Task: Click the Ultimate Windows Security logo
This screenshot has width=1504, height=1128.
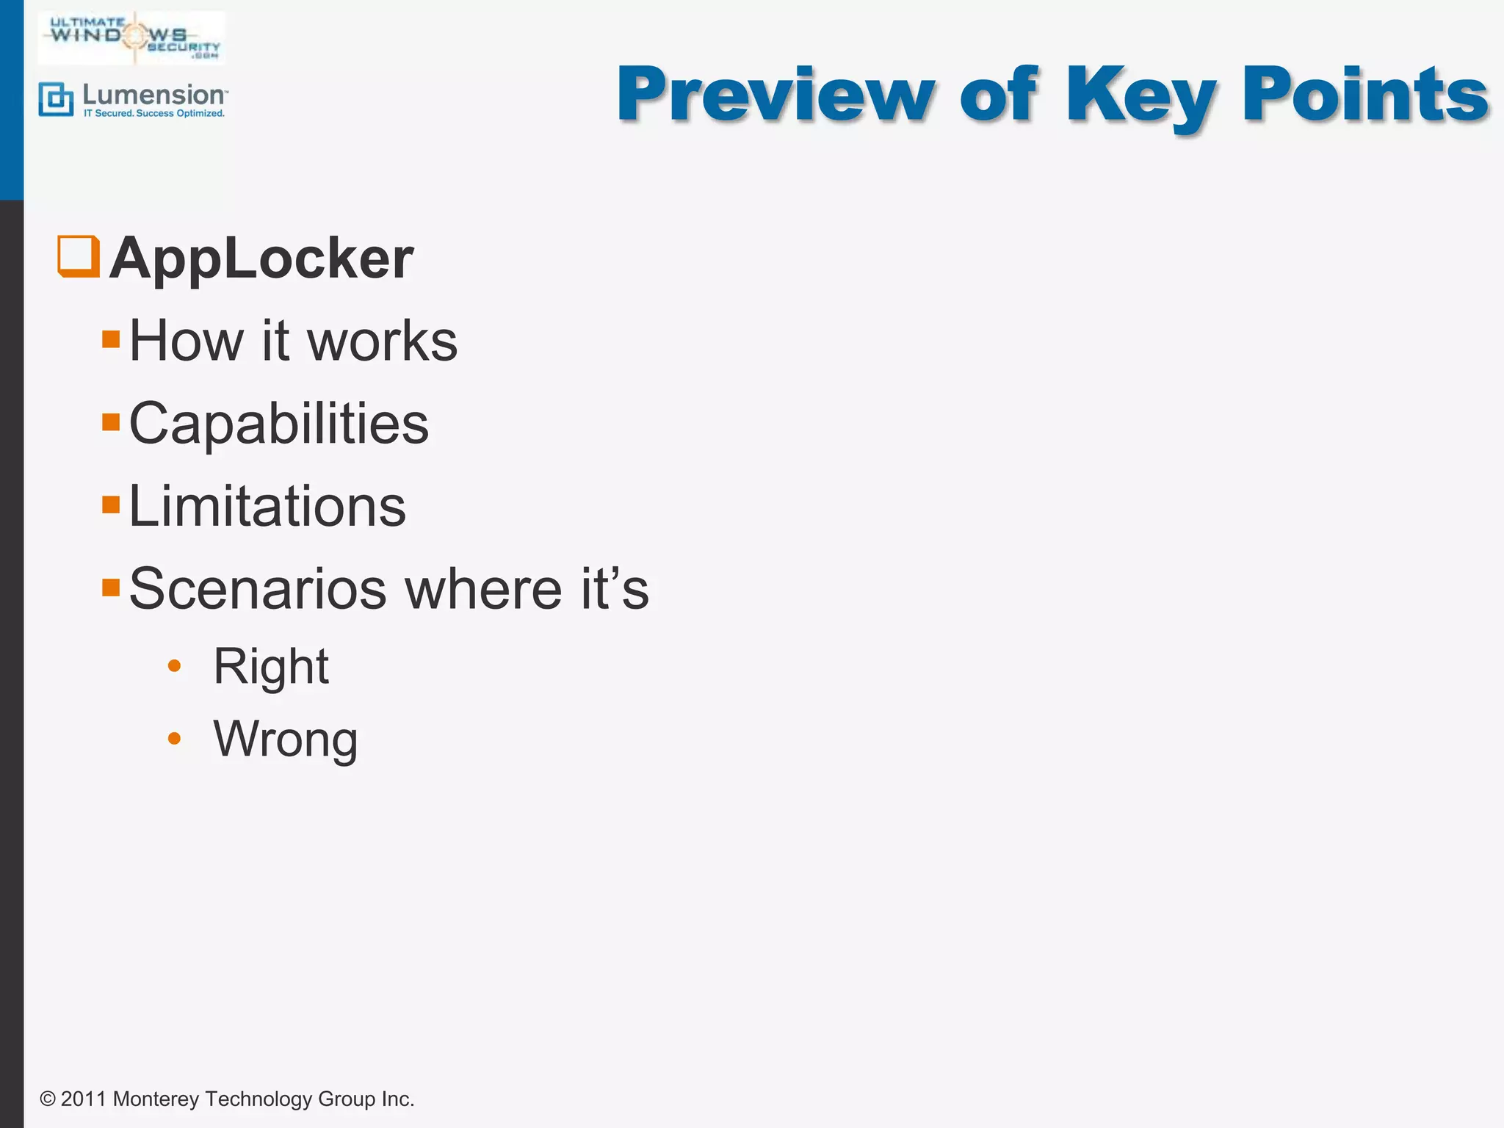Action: (132, 37)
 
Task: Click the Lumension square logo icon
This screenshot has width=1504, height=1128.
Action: (56, 100)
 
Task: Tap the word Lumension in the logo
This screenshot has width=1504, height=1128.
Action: (154, 95)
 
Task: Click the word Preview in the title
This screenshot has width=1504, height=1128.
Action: (775, 95)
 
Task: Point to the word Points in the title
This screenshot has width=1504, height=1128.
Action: (1364, 95)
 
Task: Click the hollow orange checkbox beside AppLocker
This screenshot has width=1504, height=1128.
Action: (78, 256)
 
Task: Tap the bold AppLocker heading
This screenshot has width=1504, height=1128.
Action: (261, 258)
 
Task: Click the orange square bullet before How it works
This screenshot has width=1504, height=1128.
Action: (111, 339)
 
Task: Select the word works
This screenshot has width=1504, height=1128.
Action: (382, 341)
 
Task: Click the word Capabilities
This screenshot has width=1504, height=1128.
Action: (278, 424)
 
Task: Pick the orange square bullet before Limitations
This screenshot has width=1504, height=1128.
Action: (111, 505)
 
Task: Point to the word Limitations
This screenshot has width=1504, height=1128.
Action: (267, 507)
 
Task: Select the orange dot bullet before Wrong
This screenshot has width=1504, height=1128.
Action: (174, 738)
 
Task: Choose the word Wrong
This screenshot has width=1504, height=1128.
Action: (286, 740)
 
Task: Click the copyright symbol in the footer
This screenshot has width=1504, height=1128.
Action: (48, 1099)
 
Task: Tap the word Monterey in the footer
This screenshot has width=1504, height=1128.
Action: (156, 1099)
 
